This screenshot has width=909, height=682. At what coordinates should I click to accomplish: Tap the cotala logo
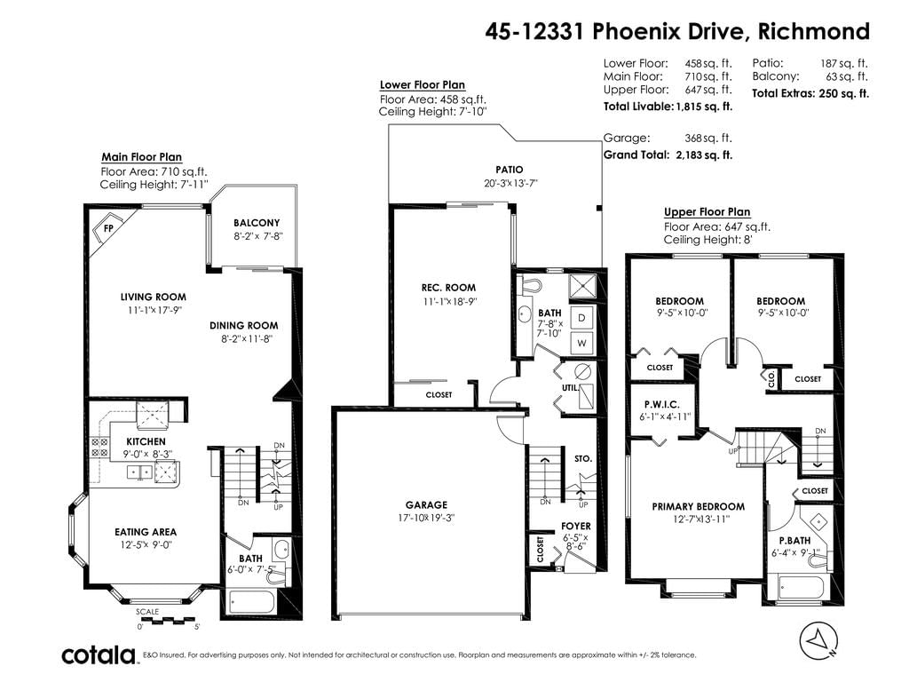[99, 654]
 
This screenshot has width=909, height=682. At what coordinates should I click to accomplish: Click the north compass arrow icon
[818, 641]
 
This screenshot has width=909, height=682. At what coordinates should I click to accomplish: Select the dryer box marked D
[581, 318]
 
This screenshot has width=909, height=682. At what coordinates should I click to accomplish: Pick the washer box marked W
[581, 343]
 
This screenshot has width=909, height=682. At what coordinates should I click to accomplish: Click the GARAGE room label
[426, 505]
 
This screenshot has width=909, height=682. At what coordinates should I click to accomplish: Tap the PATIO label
[509, 170]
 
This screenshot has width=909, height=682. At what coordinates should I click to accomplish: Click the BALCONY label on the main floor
[257, 223]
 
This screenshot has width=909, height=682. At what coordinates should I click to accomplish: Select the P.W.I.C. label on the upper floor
[661, 405]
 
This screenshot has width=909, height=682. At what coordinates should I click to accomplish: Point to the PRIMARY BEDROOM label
[698, 506]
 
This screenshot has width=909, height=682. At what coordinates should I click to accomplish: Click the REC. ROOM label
[448, 288]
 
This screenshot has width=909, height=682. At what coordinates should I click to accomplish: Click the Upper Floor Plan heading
[707, 212]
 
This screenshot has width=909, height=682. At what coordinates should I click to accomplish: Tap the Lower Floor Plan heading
[422, 85]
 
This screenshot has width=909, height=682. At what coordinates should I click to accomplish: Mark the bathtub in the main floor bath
[251, 602]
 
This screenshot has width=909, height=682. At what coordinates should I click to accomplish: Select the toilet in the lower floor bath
[530, 285]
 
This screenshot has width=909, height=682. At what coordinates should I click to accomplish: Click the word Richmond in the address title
[813, 31]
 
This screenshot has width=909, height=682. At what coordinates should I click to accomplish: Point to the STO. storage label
[582, 459]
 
